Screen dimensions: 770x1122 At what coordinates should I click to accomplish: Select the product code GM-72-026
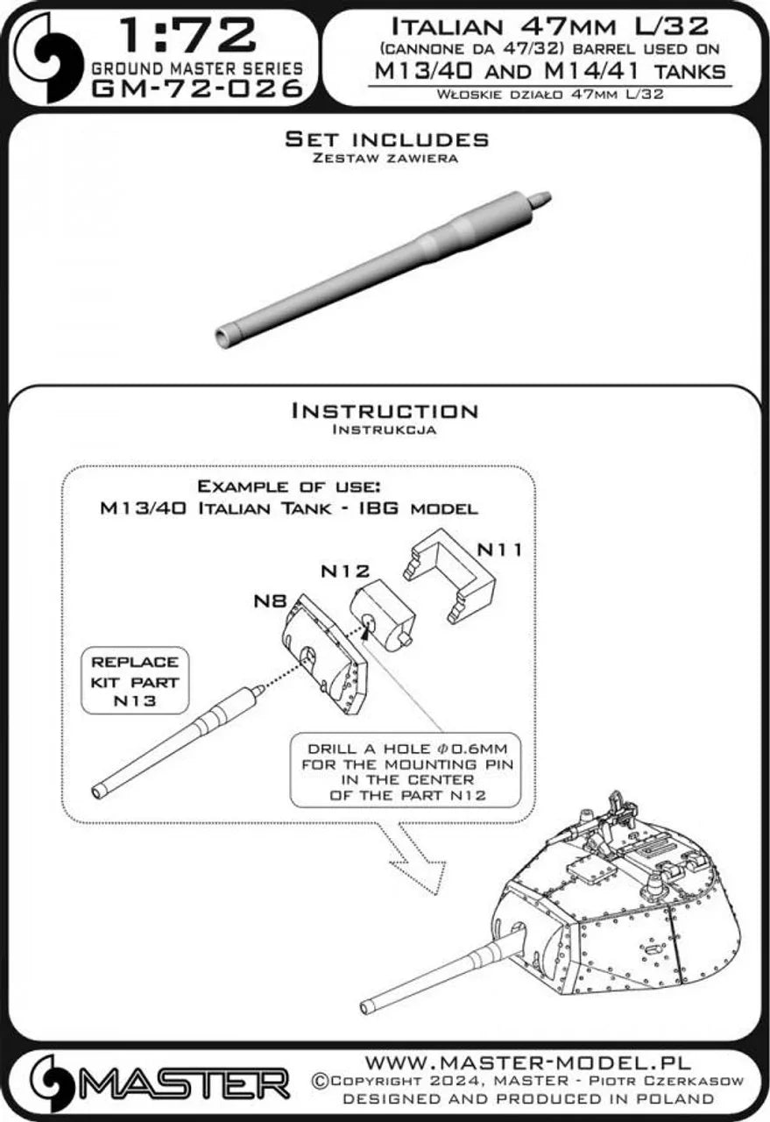[x=198, y=89]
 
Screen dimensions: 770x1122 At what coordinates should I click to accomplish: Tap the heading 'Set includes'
[x=387, y=139]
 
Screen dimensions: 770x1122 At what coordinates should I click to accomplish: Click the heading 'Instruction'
[x=385, y=411]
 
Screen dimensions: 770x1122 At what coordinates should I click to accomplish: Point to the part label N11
[x=499, y=550]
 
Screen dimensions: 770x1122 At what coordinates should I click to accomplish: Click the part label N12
[x=345, y=571]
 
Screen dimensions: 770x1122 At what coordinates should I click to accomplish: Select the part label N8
[x=270, y=601]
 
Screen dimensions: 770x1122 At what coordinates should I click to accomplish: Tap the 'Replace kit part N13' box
[x=135, y=682]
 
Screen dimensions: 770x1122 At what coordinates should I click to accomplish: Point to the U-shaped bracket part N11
[x=450, y=575]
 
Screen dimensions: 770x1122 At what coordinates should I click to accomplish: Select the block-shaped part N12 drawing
[x=383, y=613]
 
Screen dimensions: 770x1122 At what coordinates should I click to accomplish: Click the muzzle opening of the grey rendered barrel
[x=222, y=336]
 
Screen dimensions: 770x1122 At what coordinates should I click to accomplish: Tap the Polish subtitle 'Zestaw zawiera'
[x=385, y=159]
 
